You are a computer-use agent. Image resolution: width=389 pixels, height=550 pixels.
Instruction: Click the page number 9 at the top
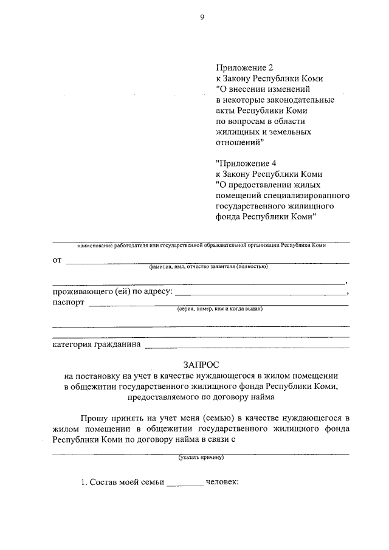201,18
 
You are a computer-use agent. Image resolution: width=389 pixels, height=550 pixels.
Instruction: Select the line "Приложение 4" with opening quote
243,162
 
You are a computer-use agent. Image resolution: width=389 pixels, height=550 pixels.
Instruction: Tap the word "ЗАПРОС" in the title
201,364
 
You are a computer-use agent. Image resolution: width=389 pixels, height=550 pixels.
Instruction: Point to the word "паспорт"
69,303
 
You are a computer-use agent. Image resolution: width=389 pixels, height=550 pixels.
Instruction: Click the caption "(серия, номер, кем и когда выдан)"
219,309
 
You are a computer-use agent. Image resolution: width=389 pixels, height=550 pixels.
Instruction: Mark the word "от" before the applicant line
58,260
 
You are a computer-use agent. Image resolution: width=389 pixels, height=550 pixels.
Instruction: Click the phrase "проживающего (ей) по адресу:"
112,292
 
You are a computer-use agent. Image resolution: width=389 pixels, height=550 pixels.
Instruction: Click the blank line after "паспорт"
218,304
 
